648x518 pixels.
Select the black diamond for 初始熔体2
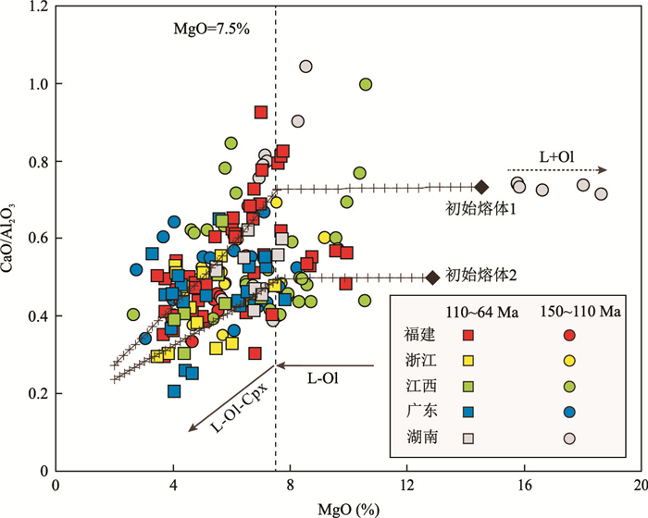pyautogui.click(x=431, y=277)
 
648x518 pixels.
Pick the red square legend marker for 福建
pyautogui.click(x=468, y=335)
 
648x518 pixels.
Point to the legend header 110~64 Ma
pyautogui.click(x=468, y=311)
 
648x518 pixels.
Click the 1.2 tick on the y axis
pyautogui.click(x=39, y=7)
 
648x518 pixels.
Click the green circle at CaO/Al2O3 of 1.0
pyautogui.click(x=366, y=84)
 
